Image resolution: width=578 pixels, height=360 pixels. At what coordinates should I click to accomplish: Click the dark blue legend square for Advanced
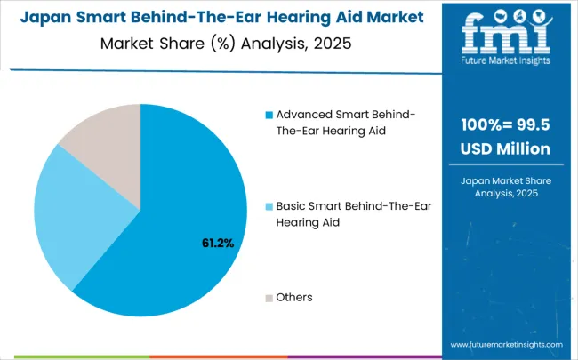point(269,115)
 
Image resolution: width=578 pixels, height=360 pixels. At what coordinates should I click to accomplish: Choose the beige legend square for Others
point(269,296)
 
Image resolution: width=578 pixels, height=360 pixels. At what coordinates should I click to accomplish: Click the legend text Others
point(294,296)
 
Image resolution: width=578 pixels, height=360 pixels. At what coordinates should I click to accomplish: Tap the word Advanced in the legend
point(307,115)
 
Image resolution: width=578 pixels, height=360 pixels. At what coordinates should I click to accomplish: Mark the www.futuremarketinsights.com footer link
point(506,344)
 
